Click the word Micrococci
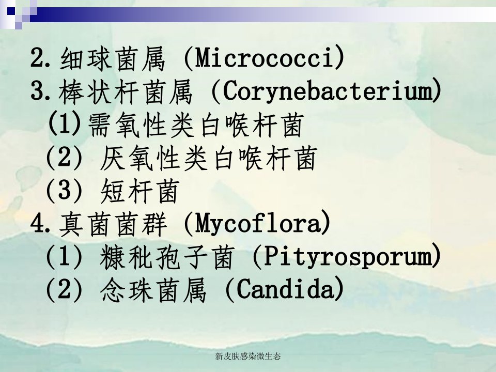[x=264, y=58]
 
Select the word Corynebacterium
[x=327, y=91]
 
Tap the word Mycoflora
[x=257, y=223]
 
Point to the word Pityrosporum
[x=347, y=256]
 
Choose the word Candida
[x=285, y=289]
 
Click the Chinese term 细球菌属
[x=112, y=58]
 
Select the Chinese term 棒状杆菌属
[x=126, y=92]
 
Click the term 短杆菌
[x=140, y=191]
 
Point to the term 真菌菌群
[x=113, y=224]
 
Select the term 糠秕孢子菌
[x=167, y=257]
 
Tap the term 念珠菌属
[x=153, y=290]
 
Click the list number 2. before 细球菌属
[x=40, y=58]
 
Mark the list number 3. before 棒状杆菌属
[x=40, y=91]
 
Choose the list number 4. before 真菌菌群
[x=40, y=224]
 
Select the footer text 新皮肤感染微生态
[x=248, y=357]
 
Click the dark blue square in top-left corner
[x=11, y=11]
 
